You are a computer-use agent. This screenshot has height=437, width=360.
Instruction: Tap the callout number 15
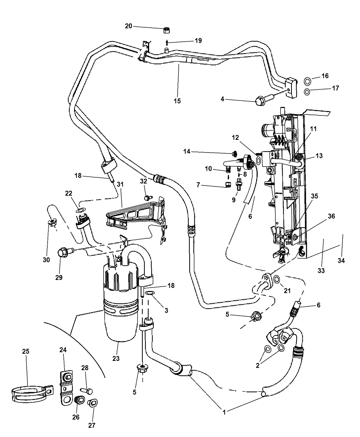tap(177, 101)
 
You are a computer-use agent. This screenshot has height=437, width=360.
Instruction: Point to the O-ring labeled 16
tap(308, 82)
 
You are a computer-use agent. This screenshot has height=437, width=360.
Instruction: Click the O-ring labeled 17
tap(308, 92)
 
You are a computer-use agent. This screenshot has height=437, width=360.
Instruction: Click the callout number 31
tap(120, 184)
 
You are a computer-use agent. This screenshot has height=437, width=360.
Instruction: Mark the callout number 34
tap(341, 260)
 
